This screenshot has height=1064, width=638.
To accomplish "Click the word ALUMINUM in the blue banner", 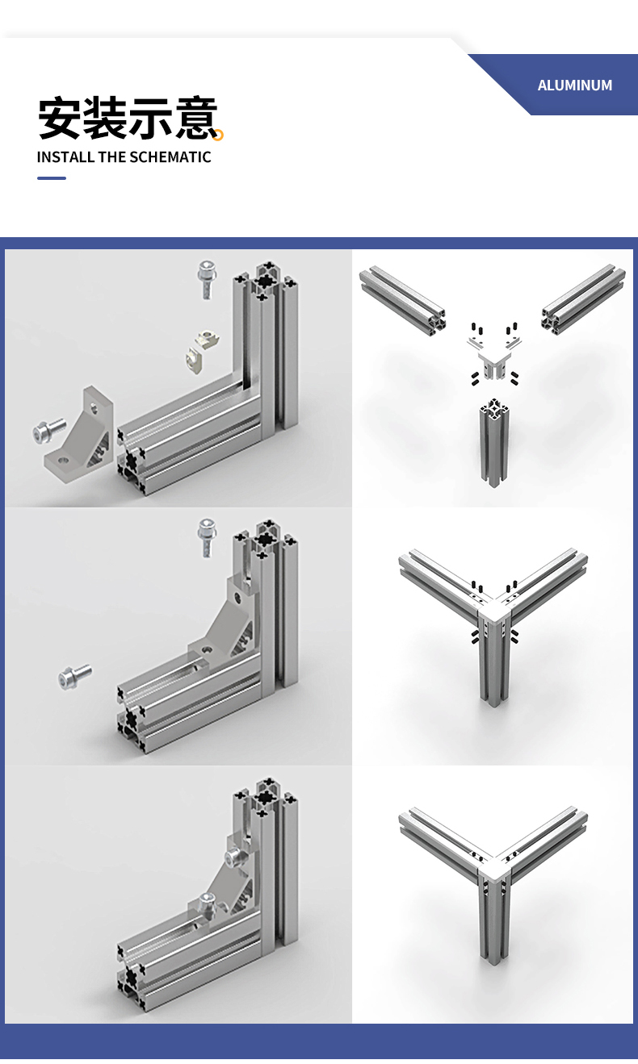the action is pyautogui.click(x=575, y=86).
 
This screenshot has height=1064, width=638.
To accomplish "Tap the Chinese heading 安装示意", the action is pyautogui.click(x=128, y=118).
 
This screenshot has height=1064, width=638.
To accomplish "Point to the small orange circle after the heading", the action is pyautogui.click(x=218, y=136).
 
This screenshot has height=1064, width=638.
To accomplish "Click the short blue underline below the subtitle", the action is pyautogui.click(x=52, y=178).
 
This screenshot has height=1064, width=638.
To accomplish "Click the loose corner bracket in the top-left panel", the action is pyautogui.click(x=80, y=434).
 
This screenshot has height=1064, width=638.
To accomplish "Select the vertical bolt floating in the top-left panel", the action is pyautogui.click(x=206, y=279).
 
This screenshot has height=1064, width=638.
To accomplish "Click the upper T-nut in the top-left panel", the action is pyautogui.click(x=206, y=339).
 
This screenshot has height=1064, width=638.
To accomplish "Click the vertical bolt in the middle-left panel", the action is pyautogui.click(x=206, y=538).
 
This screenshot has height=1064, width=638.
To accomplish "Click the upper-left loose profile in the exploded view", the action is pyautogui.click(x=402, y=298).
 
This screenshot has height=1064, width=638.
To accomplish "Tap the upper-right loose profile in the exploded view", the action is pyautogui.click(x=583, y=300).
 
